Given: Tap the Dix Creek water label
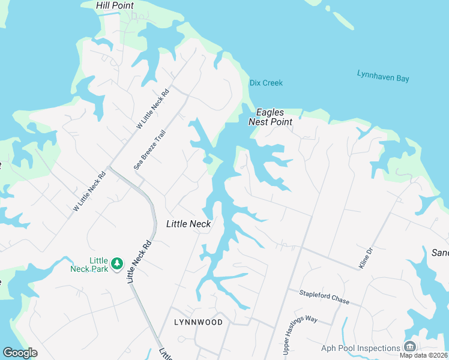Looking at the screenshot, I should click(x=266, y=83).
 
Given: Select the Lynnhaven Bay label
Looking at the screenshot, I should click(x=383, y=76).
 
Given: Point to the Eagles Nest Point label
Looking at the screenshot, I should click(x=271, y=117).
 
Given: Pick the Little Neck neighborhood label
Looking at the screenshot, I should click(x=188, y=224).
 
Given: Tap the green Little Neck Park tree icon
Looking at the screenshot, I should click(x=118, y=263).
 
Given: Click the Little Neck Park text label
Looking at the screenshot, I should click(x=90, y=265).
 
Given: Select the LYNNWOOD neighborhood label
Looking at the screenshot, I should click(x=198, y=322).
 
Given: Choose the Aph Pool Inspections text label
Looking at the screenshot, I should click(x=360, y=348).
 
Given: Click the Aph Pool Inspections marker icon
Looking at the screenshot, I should click(x=410, y=347).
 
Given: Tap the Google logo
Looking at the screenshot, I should click(x=20, y=353).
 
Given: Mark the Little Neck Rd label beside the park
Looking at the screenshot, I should click(x=139, y=262).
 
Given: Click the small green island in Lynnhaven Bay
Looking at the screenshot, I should click(x=343, y=20).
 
